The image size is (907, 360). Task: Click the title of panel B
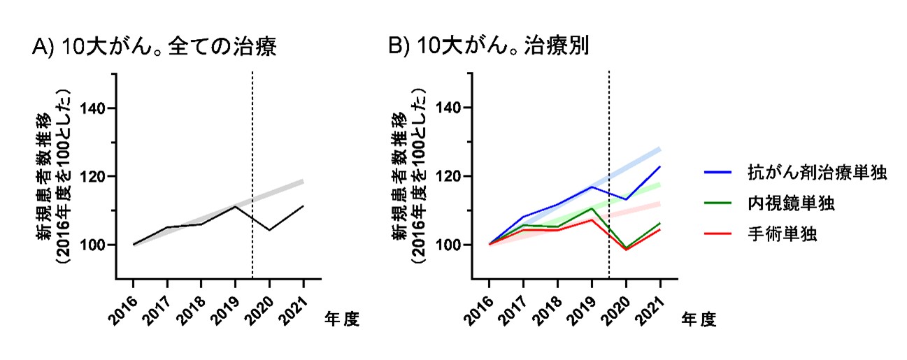coord(489,48)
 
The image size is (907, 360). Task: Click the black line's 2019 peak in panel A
coord(236,206)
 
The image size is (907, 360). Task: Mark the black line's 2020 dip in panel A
coord(269,230)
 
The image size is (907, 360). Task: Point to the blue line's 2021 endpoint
coord(660,166)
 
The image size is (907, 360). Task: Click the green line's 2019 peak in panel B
coord(592,208)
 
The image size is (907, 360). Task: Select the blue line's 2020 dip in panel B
coord(626,199)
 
